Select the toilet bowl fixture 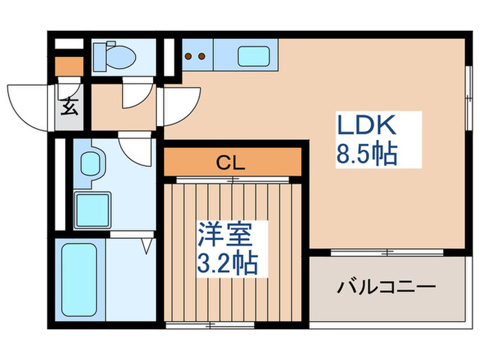click(x=117, y=56)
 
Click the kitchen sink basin click(x=253, y=56)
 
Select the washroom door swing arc click(x=135, y=148)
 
